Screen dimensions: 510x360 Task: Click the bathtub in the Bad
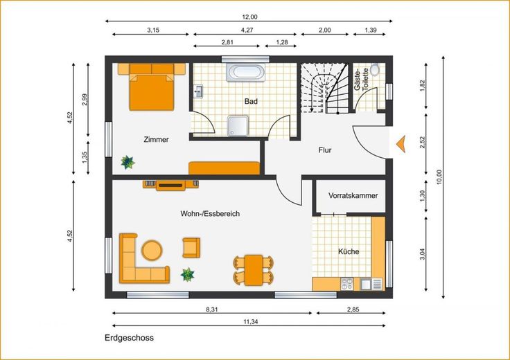click(x=245, y=72)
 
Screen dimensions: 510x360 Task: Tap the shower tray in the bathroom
click(x=238, y=126)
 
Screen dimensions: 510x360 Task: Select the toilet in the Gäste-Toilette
click(x=375, y=69)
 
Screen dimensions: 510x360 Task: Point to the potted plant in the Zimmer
click(x=127, y=162)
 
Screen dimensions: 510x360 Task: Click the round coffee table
click(x=152, y=250)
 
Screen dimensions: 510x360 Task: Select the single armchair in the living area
click(x=191, y=248)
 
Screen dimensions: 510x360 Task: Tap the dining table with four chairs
click(x=254, y=270)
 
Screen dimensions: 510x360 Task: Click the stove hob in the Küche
click(x=346, y=284)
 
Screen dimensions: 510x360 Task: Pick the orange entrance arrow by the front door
click(x=401, y=144)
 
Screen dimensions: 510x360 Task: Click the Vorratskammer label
click(x=353, y=196)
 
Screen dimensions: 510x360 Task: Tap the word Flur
click(x=325, y=150)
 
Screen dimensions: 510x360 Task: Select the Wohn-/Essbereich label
click(x=210, y=213)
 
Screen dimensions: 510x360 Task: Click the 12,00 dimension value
click(x=249, y=17)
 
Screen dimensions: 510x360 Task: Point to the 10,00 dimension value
click(x=439, y=177)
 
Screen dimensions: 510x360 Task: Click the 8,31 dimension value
click(x=212, y=309)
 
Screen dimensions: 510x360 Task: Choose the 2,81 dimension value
click(x=227, y=42)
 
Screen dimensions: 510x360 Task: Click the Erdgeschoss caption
click(x=129, y=338)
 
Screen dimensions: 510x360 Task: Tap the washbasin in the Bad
click(x=198, y=91)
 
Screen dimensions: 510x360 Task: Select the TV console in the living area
click(x=170, y=186)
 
